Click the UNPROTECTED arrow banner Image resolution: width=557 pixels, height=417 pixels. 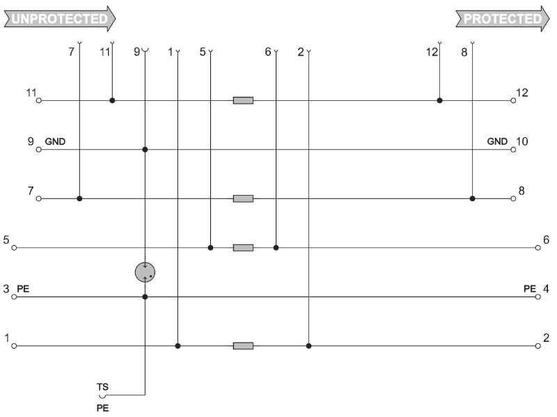[60, 19]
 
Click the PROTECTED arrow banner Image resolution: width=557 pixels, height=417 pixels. [503, 19]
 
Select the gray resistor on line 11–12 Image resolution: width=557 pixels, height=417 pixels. [243, 100]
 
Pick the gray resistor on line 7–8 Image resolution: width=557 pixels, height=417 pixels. [243, 198]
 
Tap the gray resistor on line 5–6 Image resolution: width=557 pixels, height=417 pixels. [243, 248]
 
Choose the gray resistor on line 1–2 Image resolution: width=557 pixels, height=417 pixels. [243, 346]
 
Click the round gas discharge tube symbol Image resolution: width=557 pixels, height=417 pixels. [145, 272]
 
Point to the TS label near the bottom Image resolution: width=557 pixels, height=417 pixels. [102, 387]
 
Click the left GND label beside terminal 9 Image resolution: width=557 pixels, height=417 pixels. [55, 142]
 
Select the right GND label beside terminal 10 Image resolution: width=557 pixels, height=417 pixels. [497, 141]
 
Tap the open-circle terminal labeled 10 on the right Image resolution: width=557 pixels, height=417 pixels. [513, 150]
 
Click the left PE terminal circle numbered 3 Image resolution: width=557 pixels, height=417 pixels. [14, 297]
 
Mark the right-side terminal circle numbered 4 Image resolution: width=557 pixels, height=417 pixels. [538, 297]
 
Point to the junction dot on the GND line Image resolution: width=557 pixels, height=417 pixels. [145, 150]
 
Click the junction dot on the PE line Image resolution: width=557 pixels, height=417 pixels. [145, 297]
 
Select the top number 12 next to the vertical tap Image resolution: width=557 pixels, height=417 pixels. [432, 52]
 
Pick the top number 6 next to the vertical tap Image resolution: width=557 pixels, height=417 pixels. [268, 52]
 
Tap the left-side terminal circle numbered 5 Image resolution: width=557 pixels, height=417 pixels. [14, 248]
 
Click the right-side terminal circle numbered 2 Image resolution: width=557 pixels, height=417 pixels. [538, 346]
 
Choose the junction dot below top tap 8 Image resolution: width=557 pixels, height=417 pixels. [473, 198]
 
